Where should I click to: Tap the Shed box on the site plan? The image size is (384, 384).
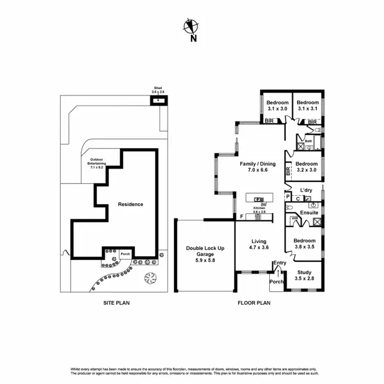(157, 100)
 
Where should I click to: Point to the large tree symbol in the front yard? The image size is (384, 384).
(151, 278)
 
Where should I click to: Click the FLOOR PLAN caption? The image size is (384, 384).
(254, 303)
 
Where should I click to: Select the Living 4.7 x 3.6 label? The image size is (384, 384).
(259, 244)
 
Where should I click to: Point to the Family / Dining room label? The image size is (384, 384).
(258, 167)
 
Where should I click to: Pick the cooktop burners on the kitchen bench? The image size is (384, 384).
(258, 217)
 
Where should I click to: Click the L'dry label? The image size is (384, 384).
(306, 190)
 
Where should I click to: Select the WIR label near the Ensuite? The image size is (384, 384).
(294, 218)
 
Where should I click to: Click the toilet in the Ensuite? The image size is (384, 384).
(289, 208)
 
